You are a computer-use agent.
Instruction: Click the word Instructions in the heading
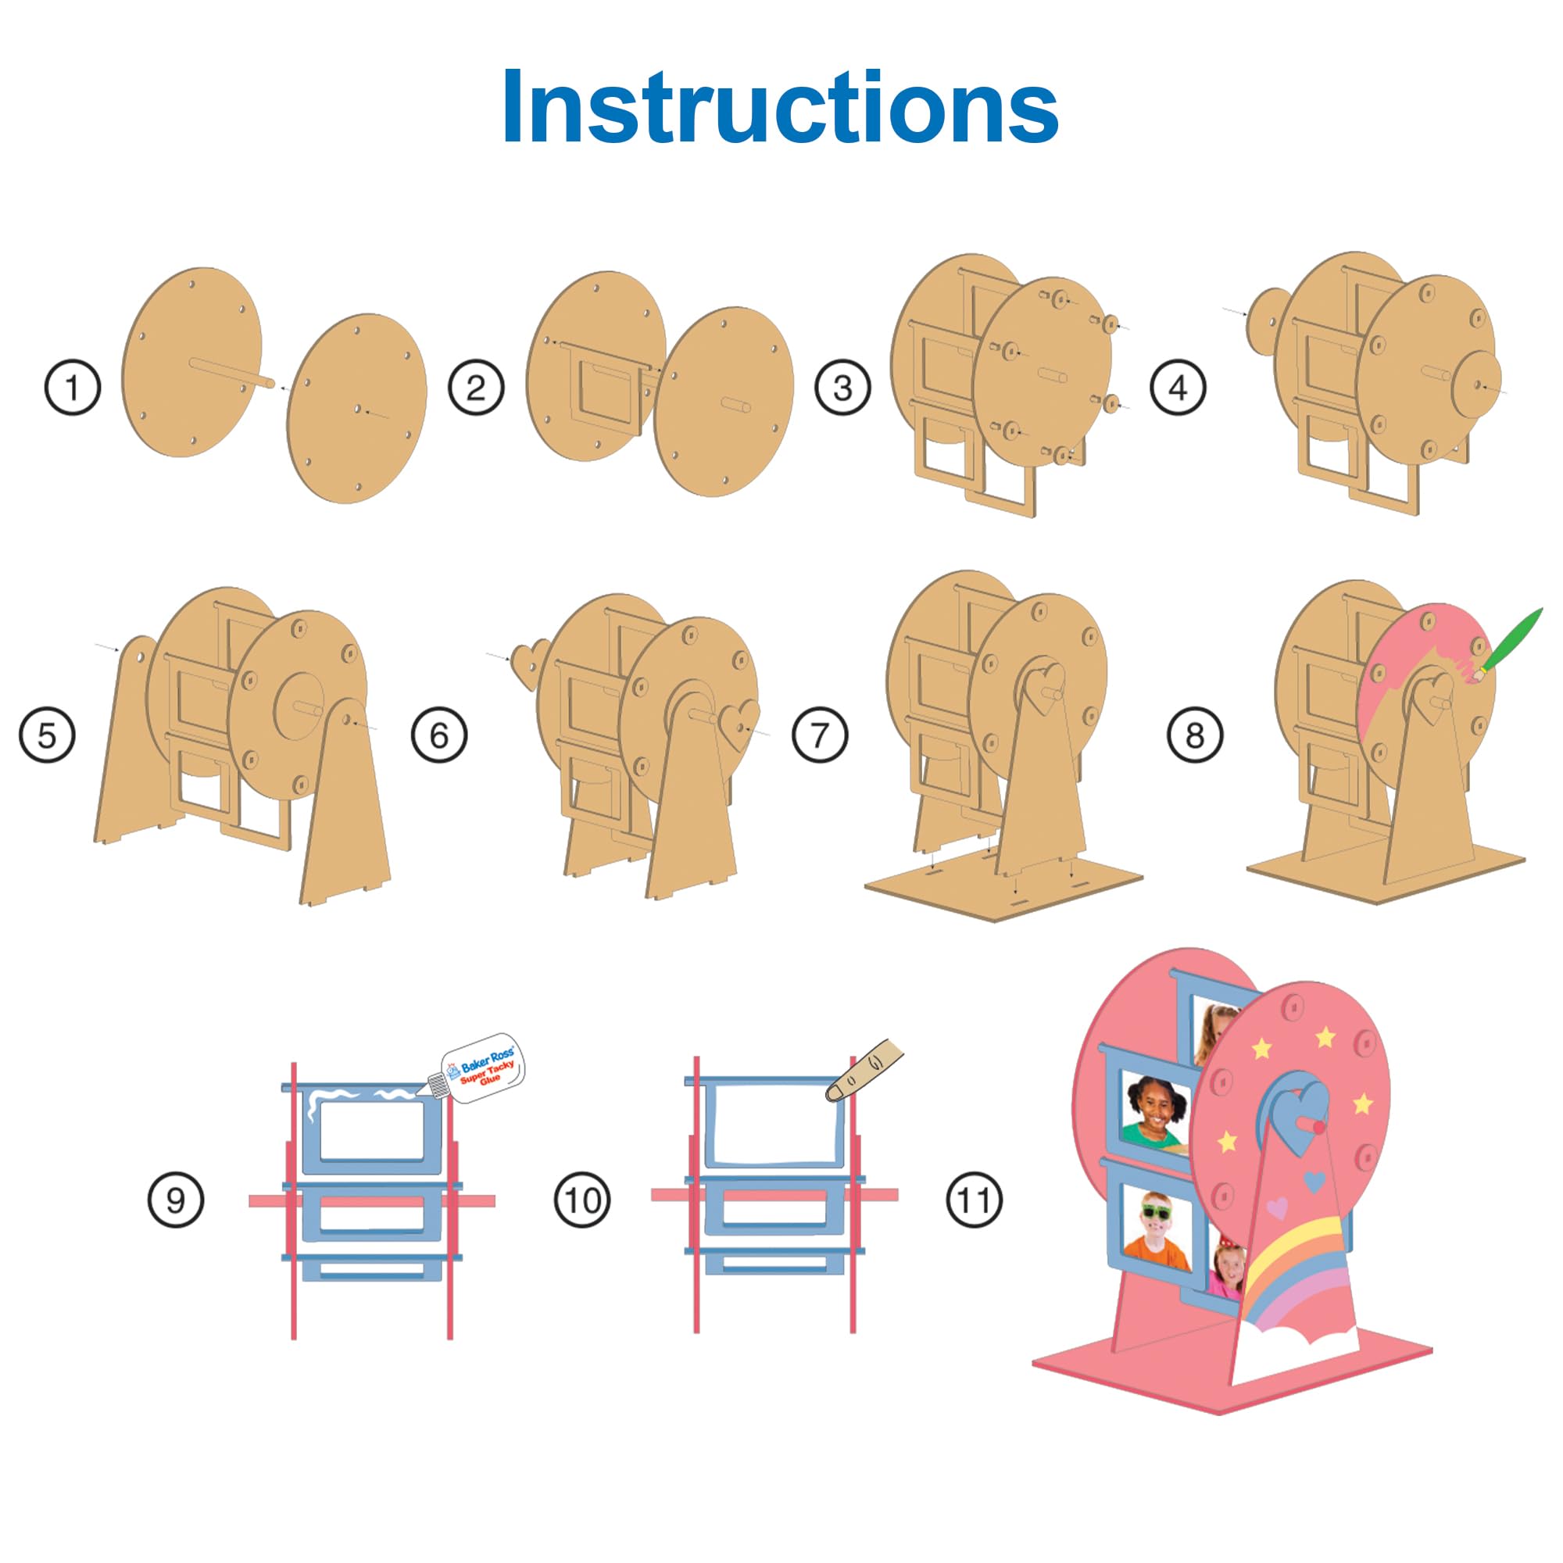click(x=780, y=107)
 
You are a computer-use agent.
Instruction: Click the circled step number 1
click(x=73, y=388)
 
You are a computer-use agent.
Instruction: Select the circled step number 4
click(x=1178, y=388)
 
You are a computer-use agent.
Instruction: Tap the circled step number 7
click(x=821, y=735)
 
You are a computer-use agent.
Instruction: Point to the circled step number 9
click(x=176, y=1200)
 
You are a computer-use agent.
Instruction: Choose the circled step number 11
click(x=974, y=1200)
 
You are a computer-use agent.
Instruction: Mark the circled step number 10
click(x=582, y=1200)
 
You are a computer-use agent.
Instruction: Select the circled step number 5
click(x=47, y=735)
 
